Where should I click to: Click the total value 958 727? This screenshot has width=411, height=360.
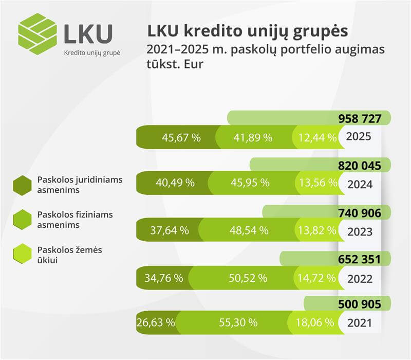pyautogui.click(x=360, y=119)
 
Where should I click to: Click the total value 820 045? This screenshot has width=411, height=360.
pyautogui.click(x=360, y=166)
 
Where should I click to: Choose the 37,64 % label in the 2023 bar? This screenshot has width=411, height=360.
pyautogui.click(x=170, y=230)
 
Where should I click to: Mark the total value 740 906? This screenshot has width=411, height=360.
pyautogui.click(x=360, y=212)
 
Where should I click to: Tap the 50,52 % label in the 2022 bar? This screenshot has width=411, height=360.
pyautogui.click(x=248, y=278)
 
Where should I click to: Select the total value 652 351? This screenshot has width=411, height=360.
pyautogui.click(x=360, y=259)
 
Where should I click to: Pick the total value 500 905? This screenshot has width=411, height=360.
pyautogui.click(x=360, y=304)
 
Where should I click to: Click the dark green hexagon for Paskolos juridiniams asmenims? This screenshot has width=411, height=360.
pyautogui.click(x=23, y=185)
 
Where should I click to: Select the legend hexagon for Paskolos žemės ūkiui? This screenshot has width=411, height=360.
pyautogui.click(x=23, y=254)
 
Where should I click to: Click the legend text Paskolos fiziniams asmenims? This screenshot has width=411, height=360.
pyautogui.click(x=75, y=219)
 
